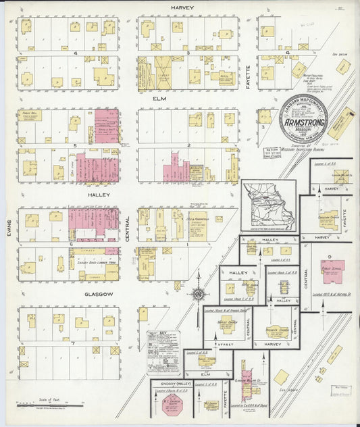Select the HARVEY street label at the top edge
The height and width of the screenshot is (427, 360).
tap(182, 7)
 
